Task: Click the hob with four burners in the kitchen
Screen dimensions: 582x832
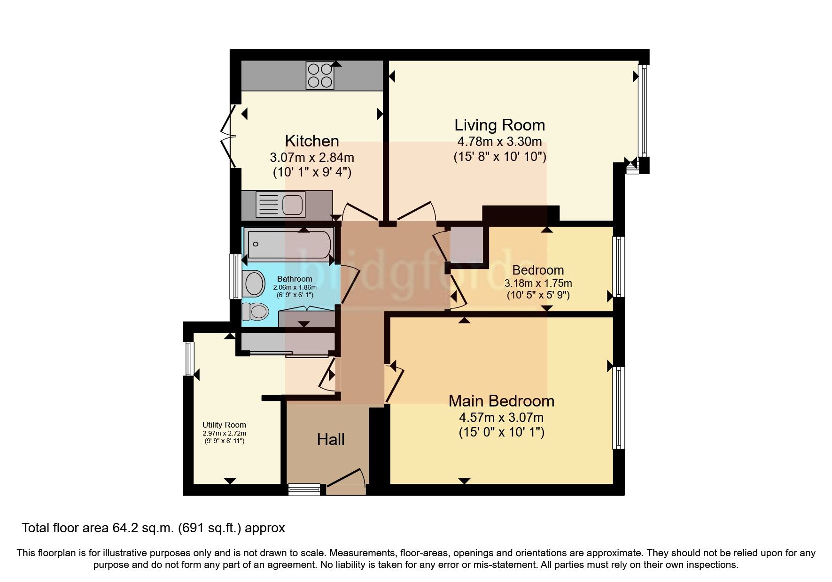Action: click(320, 76)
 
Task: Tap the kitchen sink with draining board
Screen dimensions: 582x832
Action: click(281, 205)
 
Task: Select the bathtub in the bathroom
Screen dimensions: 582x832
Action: click(289, 245)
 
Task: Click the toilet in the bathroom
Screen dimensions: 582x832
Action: click(255, 311)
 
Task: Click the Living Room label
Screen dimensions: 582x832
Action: click(499, 125)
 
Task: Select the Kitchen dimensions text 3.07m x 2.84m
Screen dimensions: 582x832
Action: click(312, 157)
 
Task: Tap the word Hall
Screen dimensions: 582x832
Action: click(331, 439)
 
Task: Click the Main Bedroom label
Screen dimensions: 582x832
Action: click(501, 401)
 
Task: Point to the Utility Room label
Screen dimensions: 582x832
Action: click(224, 425)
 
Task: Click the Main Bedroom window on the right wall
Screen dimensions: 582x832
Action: click(619, 407)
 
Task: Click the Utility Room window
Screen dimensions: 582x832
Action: click(189, 359)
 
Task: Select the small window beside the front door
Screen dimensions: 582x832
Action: click(304, 490)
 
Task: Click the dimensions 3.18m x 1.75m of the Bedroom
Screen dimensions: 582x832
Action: click(538, 283)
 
